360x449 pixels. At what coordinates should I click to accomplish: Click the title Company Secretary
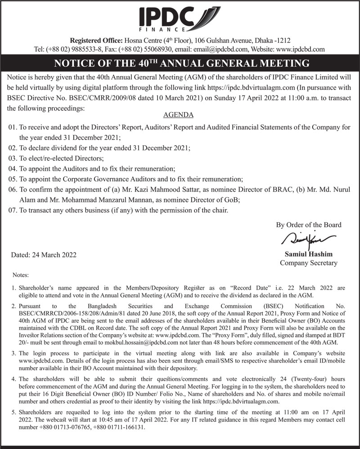[308, 263]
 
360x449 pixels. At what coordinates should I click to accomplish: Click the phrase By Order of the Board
[308, 225]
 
